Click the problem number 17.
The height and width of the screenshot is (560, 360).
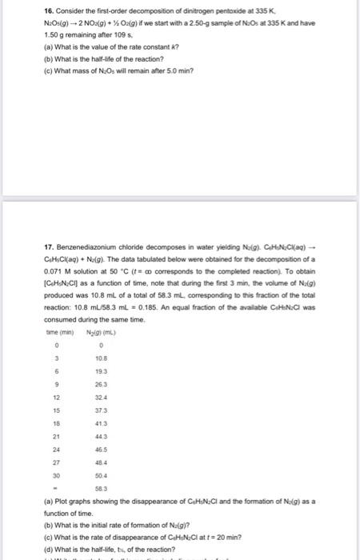click(x=25, y=199)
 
